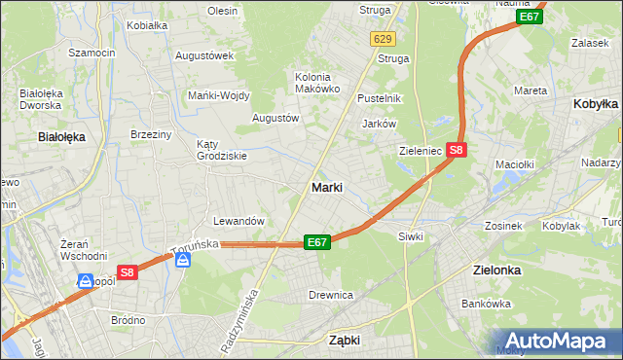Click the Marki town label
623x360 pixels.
tap(325, 188)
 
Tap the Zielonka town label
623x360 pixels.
tap(495, 270)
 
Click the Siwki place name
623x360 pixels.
tap(409, 236)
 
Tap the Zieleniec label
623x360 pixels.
tap(421, 152)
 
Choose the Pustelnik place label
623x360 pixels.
tap(379, 99)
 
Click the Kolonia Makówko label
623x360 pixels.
tap(317, 83)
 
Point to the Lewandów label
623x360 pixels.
tap(238, 222)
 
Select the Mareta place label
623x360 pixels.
tap(530, 90)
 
